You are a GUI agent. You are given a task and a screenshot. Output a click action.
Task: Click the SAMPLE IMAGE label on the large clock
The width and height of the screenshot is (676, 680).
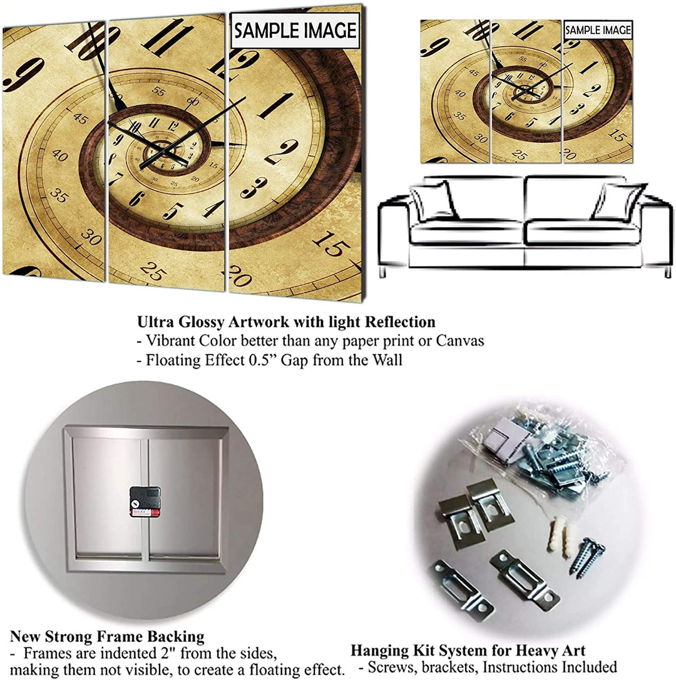[x=295, y=31]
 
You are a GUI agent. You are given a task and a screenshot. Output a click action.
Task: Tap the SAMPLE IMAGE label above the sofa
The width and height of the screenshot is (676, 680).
[x=598, y=30]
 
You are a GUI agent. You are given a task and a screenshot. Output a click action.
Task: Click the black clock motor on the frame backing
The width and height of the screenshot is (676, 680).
[x=145, y=501]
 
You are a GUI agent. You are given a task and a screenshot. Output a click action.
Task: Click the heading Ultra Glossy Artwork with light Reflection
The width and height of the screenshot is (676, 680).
[x=286, y=322]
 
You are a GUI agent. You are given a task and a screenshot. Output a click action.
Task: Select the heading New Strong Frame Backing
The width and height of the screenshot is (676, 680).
[x=107, y=637]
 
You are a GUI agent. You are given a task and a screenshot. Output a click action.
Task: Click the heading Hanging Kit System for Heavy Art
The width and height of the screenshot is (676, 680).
[x=468, y=650]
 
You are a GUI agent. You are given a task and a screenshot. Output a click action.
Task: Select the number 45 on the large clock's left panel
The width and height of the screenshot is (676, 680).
[x=80, y=118]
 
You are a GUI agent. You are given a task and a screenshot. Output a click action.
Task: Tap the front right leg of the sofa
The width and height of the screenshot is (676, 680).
[x=667, y=272]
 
